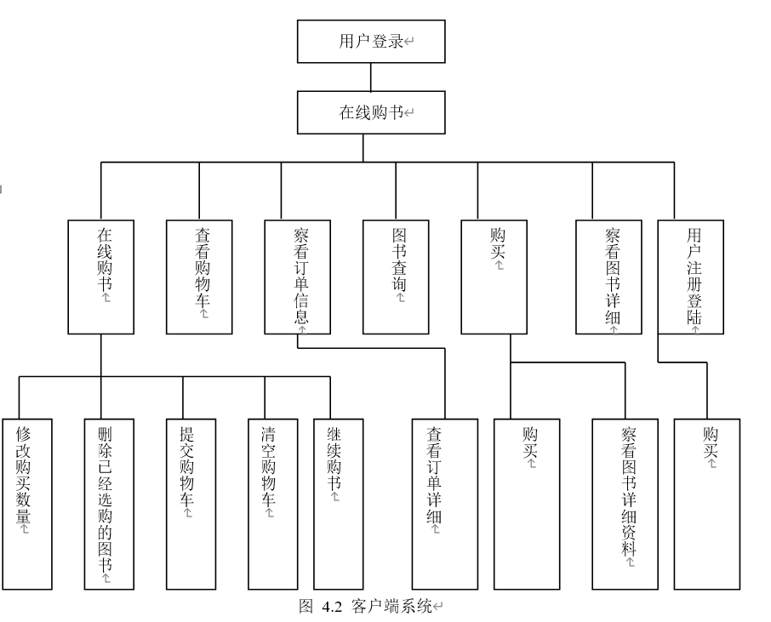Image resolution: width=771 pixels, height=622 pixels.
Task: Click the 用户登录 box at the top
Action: click(x=371, y=42)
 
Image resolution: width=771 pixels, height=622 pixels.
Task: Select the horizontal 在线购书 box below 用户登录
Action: click(x=371, y=112)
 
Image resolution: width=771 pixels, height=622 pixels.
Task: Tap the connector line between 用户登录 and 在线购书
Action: click(x=371, y=77)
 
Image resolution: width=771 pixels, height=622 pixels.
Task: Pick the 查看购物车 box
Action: click(x=199, y=277)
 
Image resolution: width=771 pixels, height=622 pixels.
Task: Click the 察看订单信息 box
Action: click(x=298, y=277)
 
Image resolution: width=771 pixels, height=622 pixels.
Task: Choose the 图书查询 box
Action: click(x=396, y=277)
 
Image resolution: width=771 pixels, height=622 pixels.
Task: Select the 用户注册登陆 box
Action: click(x=691, y=277)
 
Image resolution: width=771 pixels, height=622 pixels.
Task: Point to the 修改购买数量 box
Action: click(x=27, y=504)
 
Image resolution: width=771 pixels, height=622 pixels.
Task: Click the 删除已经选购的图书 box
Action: click(x=109, y=504)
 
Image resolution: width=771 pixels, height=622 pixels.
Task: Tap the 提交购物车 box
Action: click(x=191, y=504)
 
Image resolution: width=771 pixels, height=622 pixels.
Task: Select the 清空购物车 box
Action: click(x=273, y=504)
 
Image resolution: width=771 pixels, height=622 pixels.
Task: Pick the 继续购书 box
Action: click(x=339, y=504)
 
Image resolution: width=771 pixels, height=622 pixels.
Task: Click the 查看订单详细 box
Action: click(x=445, y=504)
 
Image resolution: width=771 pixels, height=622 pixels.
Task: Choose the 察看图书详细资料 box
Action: click(x=625, y=504)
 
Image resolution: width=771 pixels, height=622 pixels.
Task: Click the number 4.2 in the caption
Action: click(x=332, y=607)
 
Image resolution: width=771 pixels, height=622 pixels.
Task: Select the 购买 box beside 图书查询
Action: click(x=494, y=277)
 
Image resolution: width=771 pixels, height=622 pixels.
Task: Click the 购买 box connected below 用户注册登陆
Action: click(x=707, y=504)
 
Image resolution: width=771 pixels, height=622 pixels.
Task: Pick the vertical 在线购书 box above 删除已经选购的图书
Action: click(x=100, y=277)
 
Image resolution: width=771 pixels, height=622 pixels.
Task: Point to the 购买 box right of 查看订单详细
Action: click(x=527, y=504)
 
